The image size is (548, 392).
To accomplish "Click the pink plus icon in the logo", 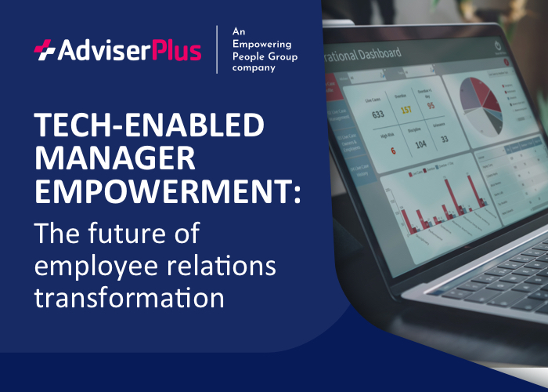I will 44,51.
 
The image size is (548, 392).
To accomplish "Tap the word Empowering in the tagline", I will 261,43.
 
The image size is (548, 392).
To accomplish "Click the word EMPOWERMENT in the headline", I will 160,191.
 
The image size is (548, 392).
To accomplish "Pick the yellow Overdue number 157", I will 406,109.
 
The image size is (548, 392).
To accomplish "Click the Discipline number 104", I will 420,144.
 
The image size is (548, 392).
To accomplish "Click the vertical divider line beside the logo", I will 217,49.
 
